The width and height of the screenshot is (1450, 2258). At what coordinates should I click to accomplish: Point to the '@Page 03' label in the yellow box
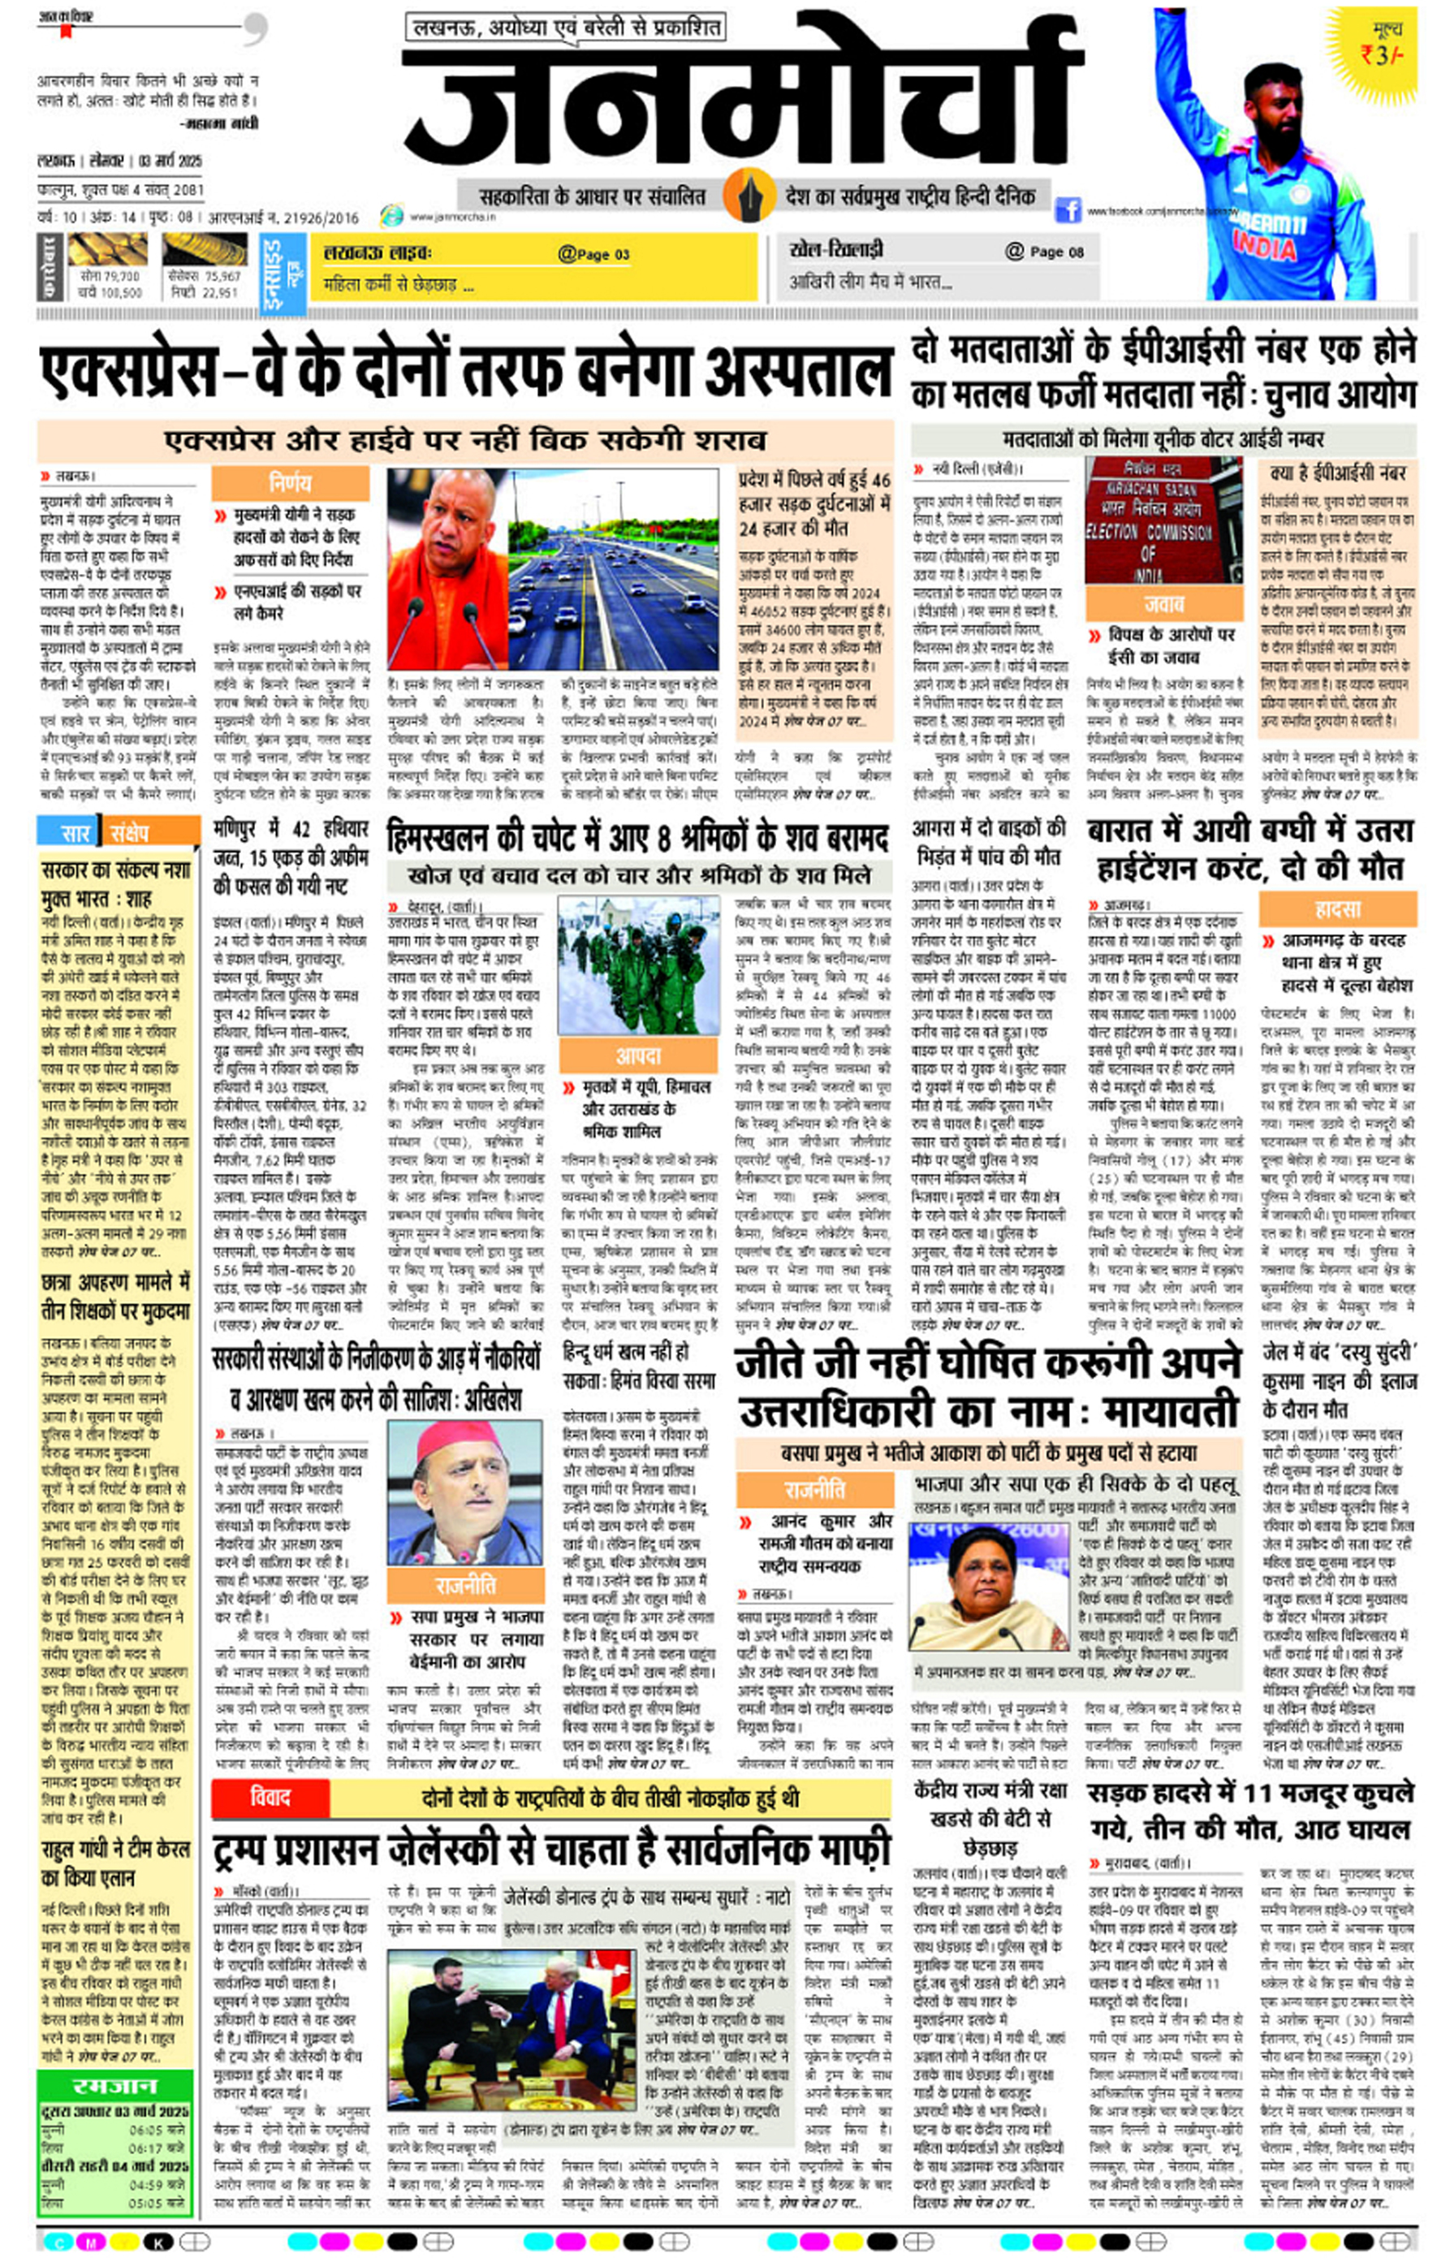click(593, 254)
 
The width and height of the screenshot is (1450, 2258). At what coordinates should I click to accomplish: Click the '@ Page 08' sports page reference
click(1044, 252)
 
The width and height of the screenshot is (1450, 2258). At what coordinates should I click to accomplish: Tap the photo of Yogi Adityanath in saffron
click(447, 568)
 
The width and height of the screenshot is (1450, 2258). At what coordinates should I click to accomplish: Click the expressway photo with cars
click(613, 568)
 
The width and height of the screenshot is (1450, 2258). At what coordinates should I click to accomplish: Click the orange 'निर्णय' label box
click(290, 483)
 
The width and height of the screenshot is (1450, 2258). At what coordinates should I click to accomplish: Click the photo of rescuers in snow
click(637, 965)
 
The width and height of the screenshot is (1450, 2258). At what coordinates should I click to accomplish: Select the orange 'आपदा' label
click(637, 1056)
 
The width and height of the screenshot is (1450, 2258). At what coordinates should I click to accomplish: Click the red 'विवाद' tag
click(270, 1798)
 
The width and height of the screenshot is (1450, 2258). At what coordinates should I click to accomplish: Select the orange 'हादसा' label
click(1337, 909)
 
